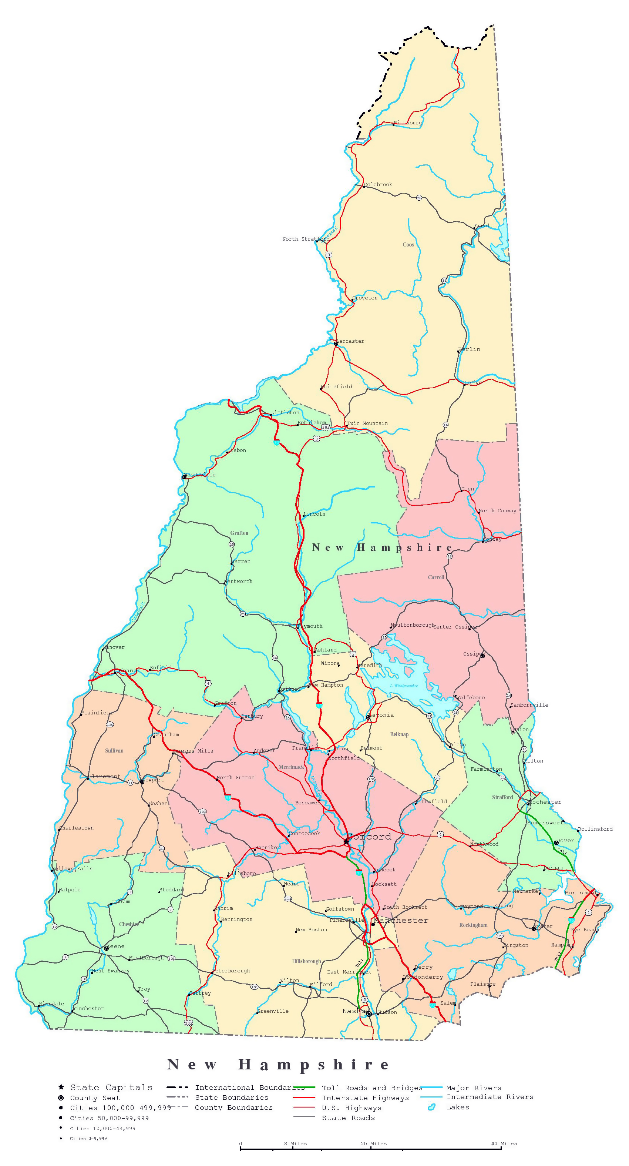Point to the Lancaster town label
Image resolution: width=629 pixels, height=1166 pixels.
point(350,341)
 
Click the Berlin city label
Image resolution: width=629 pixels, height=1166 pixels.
point(469,349)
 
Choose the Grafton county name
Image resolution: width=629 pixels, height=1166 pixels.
point(239,533)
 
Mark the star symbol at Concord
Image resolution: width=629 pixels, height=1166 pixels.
point(346,841)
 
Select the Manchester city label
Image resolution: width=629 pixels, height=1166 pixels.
point(401,920)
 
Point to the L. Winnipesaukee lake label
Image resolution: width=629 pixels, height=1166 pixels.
point(404,686)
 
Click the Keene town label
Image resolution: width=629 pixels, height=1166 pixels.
point(116,946)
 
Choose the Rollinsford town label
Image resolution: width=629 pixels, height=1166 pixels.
point(595,829)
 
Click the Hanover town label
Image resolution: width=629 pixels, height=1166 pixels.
point(114,647)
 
